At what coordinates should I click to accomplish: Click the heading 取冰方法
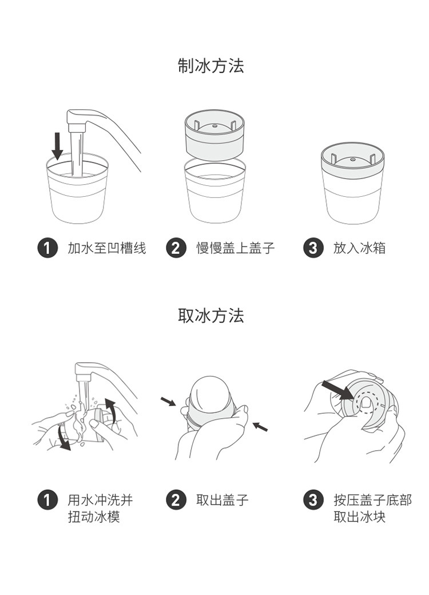coord(211,315)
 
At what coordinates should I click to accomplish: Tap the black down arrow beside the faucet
coord(57,145)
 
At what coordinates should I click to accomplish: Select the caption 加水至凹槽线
coord(107,248)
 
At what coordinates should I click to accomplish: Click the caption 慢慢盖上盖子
coord(236,248)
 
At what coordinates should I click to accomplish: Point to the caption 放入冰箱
coord(359,248)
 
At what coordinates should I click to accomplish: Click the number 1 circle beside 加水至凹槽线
coord(47,248)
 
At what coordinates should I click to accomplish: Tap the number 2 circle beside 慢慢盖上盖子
coord(176,248)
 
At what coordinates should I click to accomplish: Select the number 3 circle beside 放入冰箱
coord(313,248)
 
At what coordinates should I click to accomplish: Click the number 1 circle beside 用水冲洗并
coord(47,500)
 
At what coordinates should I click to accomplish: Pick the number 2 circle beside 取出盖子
coord(176,500)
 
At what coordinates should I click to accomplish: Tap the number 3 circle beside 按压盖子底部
coord(313,500)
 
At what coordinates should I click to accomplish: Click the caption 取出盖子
coord(223,500)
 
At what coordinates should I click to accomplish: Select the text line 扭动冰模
coord(94,517)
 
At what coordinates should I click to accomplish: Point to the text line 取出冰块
coord(359,517)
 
